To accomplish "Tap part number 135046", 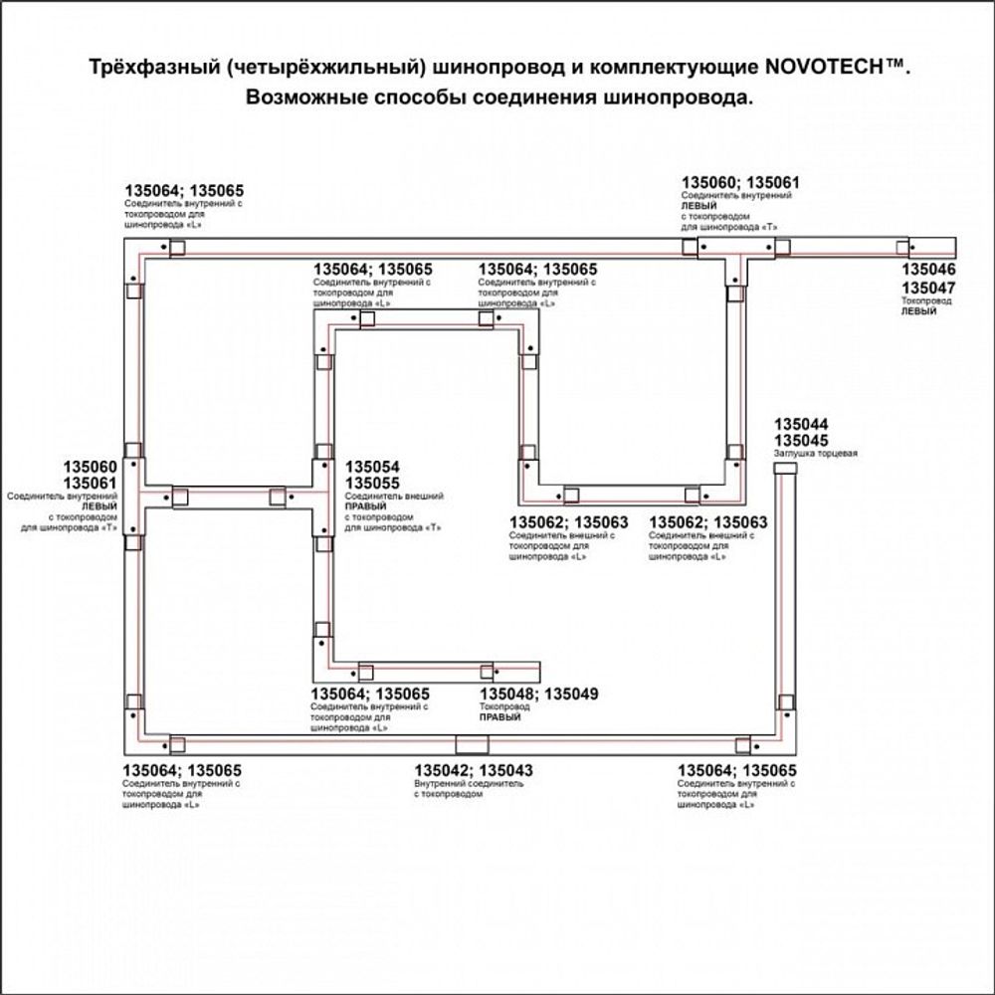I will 928,270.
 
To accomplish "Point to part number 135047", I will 928,288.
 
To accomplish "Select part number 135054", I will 372,467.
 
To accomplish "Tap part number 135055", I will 372,483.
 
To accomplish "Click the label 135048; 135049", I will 539,694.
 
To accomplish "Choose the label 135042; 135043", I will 474,770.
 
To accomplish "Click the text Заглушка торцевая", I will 815,454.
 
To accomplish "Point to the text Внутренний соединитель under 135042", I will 468,784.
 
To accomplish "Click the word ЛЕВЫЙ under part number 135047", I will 919,311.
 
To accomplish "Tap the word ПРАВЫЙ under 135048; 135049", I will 499,716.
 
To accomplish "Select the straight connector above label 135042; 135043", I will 472,744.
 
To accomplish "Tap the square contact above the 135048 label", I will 487,671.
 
